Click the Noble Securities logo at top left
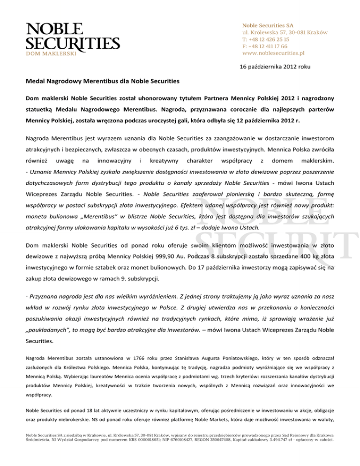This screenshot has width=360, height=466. click(73, 37)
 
